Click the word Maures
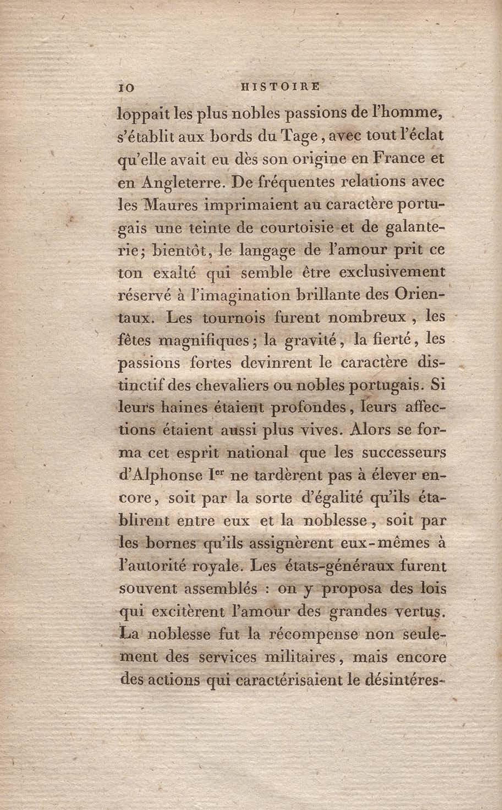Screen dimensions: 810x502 [171, 205]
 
